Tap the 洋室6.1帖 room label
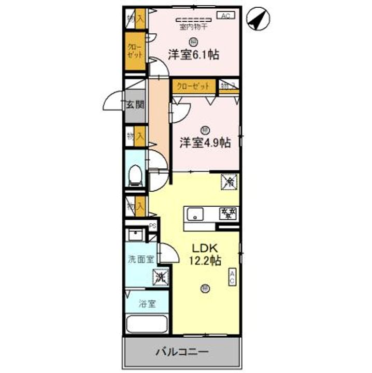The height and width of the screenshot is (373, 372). [192, 54]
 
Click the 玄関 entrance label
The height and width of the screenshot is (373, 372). [135, 105]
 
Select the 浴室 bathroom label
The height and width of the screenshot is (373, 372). [147, 305]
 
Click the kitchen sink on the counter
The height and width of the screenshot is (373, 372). [196, 212]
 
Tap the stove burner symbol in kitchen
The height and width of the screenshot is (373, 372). [228, 212]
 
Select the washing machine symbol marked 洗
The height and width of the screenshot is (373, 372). [160, 278]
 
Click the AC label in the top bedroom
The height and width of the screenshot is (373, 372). [226, 16]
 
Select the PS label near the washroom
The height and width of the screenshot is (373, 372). [153, 225]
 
